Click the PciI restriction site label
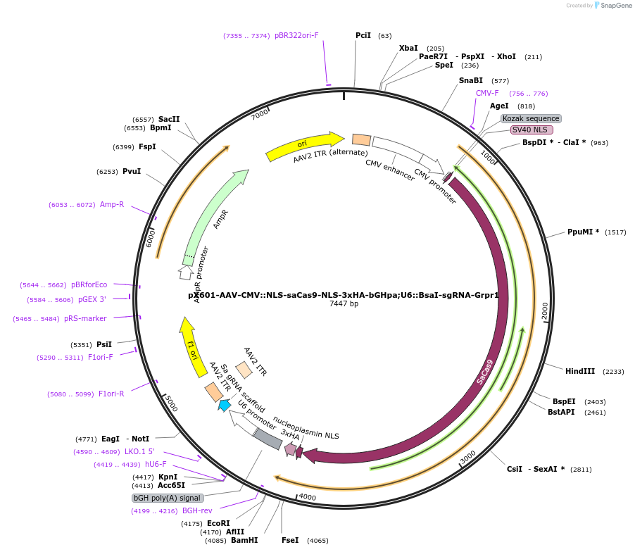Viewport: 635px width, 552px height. [x=363, y=35]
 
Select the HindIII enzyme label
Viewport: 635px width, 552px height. [x=580, y=371]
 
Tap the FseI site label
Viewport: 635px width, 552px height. [x=290, y=540]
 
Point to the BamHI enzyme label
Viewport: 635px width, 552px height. [x=244, y=540]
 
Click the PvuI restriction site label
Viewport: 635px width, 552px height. [x=132, y=171]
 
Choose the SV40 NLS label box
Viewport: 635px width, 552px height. [x=532, y=130]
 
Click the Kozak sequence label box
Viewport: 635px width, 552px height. [x=531, y=118]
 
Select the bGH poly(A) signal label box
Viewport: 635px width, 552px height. [x=166, y=498]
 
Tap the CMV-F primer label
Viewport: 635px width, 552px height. [x=487, y=93]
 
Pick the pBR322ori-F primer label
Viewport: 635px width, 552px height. [x=296, y=35]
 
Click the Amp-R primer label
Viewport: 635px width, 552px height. [x=112, y=204]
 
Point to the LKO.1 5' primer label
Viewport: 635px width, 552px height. [x=139, y=451]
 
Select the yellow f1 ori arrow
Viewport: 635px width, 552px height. [x=189, y=343]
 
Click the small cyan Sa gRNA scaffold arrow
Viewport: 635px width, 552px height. [x=225, y=405]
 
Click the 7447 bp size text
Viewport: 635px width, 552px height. [x=344, y=304]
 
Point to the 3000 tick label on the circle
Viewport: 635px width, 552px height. [x=468, y=458]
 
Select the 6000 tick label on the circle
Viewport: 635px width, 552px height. [x=150, y=238]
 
